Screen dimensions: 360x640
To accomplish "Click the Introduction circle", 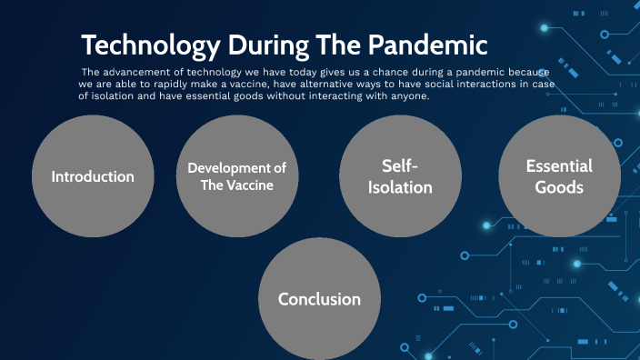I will (x=93, y=176).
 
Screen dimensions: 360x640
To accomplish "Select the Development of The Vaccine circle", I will (x=236, y=176).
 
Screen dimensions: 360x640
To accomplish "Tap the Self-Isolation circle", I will (x=400, y=176).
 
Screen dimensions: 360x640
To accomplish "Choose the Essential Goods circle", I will (x=559, y=176).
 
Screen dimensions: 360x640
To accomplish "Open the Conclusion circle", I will (x=319, y=299).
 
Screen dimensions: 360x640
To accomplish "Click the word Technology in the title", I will (x=148, y=45).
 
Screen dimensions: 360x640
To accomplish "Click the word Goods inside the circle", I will (x=559, y=187).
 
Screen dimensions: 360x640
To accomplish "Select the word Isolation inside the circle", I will (x=400, y=187).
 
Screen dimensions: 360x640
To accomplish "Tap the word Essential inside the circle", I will (x=559, y=166).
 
